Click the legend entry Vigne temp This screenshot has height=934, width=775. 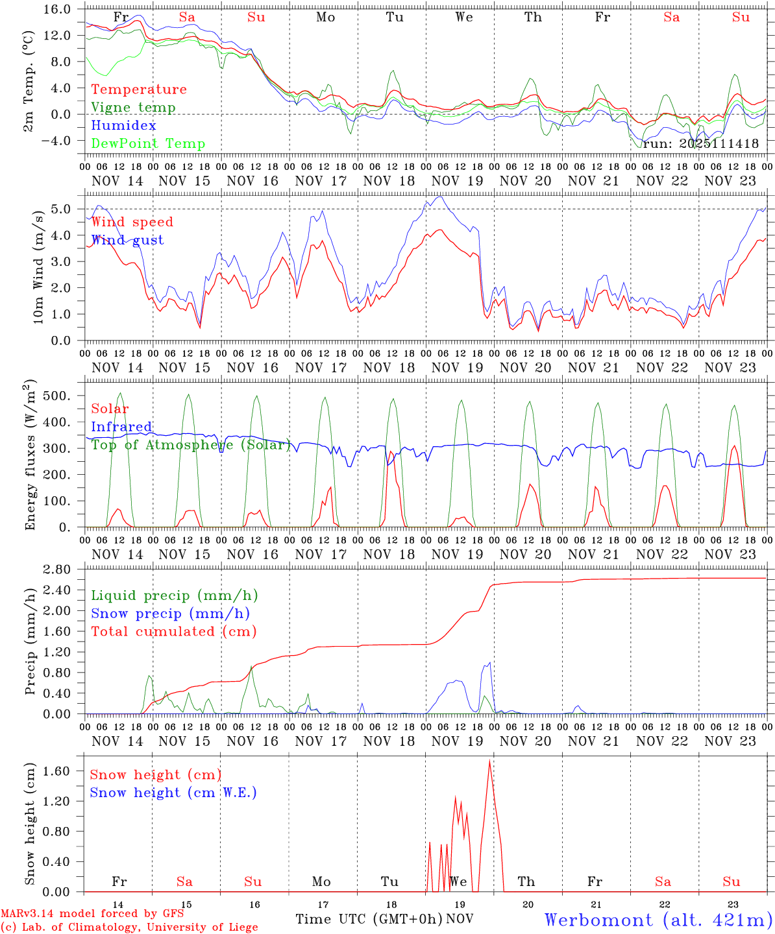coord(133,108)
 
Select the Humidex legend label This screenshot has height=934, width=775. coord(114,126)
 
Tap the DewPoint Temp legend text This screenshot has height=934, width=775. coord(148,144)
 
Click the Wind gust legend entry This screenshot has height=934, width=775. coord(127,240)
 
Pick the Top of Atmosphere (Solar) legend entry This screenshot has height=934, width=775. coord(191,445)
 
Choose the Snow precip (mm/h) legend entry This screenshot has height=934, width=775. coord(170,614)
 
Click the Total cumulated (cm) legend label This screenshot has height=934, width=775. coord(173,632)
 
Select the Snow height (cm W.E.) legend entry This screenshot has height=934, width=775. coord(173,793)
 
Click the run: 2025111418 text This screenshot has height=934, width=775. coord(700,144)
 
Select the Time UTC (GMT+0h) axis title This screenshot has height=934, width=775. coord(369,919)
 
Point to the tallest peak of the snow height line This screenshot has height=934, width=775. coord(489,760)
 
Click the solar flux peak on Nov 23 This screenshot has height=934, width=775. coord(733,446)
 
